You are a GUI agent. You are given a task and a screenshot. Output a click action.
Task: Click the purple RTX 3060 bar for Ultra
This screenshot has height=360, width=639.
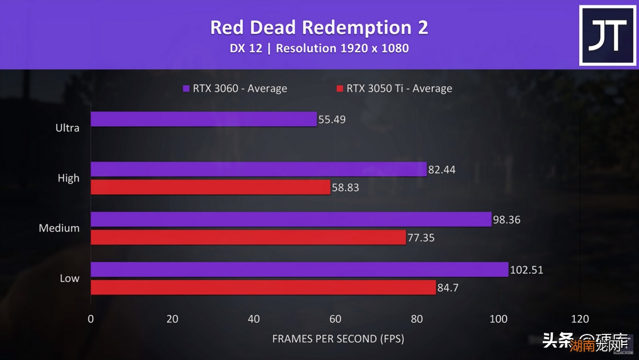(x=203, y=119)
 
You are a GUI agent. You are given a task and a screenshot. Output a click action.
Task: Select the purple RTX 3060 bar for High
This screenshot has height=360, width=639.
(x=259, y=169)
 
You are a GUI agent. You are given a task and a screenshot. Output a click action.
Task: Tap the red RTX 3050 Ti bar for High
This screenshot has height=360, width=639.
(x=210, y=187)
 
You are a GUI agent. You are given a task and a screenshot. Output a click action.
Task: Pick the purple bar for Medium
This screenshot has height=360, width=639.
(x=291, y=219)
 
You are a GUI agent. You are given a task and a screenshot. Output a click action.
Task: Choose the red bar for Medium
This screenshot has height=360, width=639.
(x=248, y=238)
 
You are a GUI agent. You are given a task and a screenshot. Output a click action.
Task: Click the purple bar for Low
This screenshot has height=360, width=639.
(x=299, y=269)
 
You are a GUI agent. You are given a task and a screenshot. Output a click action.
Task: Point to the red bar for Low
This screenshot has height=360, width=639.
(x=263, y=288)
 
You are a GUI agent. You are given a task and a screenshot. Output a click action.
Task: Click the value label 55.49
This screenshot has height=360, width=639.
(x=332, y=120)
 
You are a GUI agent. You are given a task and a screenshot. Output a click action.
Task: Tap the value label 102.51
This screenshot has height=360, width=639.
(x=527, y=270)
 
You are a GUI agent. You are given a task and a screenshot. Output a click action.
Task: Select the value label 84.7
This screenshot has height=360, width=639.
(x=450, y=288)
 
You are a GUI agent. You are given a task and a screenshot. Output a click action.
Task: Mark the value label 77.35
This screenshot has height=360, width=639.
(x=421, y=238)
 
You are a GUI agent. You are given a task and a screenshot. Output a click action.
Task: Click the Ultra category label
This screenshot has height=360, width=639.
(x=68, y=128)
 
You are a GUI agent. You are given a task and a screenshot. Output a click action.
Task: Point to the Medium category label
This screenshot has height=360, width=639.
(x=59, y=228)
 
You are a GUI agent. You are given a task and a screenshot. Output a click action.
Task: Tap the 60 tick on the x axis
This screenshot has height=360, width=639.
(x=335, y=319)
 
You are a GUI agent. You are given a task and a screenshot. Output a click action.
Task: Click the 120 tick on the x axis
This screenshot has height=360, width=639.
(x=580, y=319)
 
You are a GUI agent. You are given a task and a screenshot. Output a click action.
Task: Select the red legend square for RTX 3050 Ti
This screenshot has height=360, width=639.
(x=339, y=88)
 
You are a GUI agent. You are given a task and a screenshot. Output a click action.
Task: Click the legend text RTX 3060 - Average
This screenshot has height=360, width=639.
(x=240, y=88)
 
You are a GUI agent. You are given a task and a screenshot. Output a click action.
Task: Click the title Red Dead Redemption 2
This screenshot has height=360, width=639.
(x=319, y=27)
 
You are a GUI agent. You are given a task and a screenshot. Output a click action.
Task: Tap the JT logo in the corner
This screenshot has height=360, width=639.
(x=607, y=36)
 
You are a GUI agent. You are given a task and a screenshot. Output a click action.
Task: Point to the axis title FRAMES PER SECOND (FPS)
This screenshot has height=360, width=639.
(x=338, y=339)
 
